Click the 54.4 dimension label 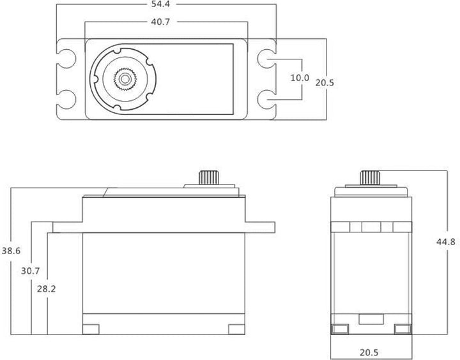(160, 4)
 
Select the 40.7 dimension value (160, 22)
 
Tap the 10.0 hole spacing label (300, 78)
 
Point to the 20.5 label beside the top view (325, 83)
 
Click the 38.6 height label (11, 251)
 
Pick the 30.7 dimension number (30, 271)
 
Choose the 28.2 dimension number (47, 289)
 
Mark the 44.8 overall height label (446, 242)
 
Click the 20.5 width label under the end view (369, 352)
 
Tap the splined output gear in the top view (125, 79)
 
